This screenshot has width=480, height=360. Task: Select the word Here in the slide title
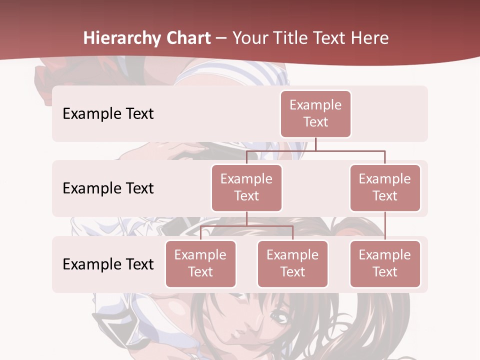369,38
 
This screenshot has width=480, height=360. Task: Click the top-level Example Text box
315,113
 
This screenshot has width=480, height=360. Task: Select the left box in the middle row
246,187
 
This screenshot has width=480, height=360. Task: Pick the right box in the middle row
385,187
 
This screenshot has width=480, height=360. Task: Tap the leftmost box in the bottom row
200,263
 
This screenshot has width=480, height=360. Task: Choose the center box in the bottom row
292,263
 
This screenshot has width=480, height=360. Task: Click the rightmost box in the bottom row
385,263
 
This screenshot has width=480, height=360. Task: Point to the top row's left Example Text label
108,113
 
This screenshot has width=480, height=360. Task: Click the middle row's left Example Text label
108,188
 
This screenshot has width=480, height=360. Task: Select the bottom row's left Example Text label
108,264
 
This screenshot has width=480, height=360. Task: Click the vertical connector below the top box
315,144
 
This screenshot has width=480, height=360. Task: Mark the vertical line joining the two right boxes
385,225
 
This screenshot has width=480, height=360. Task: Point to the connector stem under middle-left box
246,218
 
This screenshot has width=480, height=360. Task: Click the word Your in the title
249,38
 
